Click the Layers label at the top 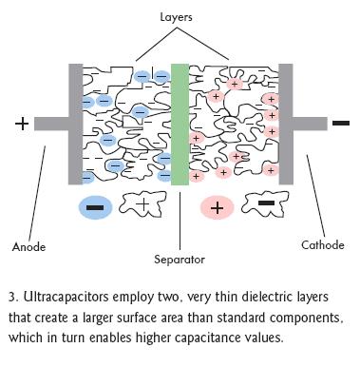pyautogui.click(x=176, y=17)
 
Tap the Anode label pyautogui.click(x=28, y=247)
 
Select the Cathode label pyautogui.click(x=323, y=245)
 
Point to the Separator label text pyautogui.click(x=180, y=260)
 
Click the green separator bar pyautogui.click(x=180, y=125)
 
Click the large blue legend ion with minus pyautogui.click(x=95, y=207)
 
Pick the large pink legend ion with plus pyautogui.click(x=218, y=208)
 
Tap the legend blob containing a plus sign pyautogui.click(x=142, y=204)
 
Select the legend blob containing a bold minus pyautogui.click(x=265, y=203)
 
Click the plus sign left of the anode pyautogui.click(x=22, y=124)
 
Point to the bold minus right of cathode pyautogui.click(x=341, y=123)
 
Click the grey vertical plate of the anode pyautogui.click(x=76, y=125)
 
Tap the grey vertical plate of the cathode pyautogui.click(x=286, y=125)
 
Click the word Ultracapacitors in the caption pyautogui.click(x=66, y=298)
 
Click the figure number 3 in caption pyautogui.click(x=12, y=298)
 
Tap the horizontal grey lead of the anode pyautogui.click(x=51, y=124)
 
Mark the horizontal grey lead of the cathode pyautogui.click(x=310, y=124)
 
